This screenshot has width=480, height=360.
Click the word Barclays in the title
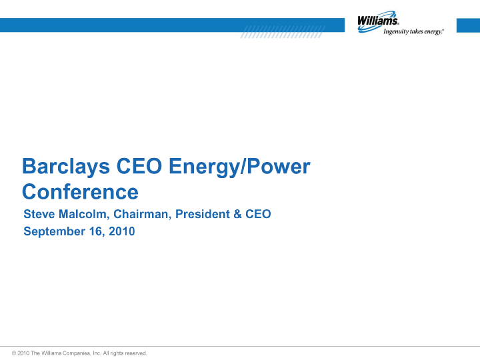click(66, 167)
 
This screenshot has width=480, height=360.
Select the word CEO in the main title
click(139, 166)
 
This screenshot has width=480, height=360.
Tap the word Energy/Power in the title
click(239, 167)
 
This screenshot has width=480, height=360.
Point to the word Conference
click(80, 192)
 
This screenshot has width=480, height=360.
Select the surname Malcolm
click(84, 214)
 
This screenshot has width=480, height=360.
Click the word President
click(203, 214)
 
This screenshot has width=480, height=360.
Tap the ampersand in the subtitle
click(237, 214)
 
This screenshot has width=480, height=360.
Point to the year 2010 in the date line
click(122, 231)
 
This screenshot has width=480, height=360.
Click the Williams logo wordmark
click(378, 21)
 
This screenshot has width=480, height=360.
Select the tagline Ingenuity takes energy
click(413, 31)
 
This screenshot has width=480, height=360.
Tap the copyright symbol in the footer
click(14, 353)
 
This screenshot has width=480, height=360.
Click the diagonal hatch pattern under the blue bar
click(282, 32)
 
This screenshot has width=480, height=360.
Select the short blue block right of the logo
click(468, 25)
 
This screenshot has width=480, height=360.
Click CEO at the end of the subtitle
click(258, 214)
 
